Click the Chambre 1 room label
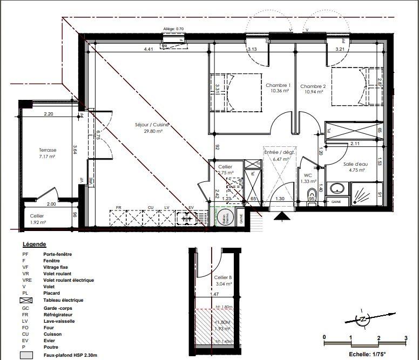278,86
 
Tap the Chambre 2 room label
313,86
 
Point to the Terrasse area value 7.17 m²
47,157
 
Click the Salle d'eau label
355,164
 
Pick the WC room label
307,175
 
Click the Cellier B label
222,277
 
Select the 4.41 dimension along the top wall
148,50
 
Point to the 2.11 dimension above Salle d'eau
355,144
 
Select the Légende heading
35,244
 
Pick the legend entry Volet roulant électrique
69,280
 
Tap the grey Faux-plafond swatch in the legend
27,355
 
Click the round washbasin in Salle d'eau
337,188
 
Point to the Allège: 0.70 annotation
173,29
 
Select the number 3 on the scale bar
405,337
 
